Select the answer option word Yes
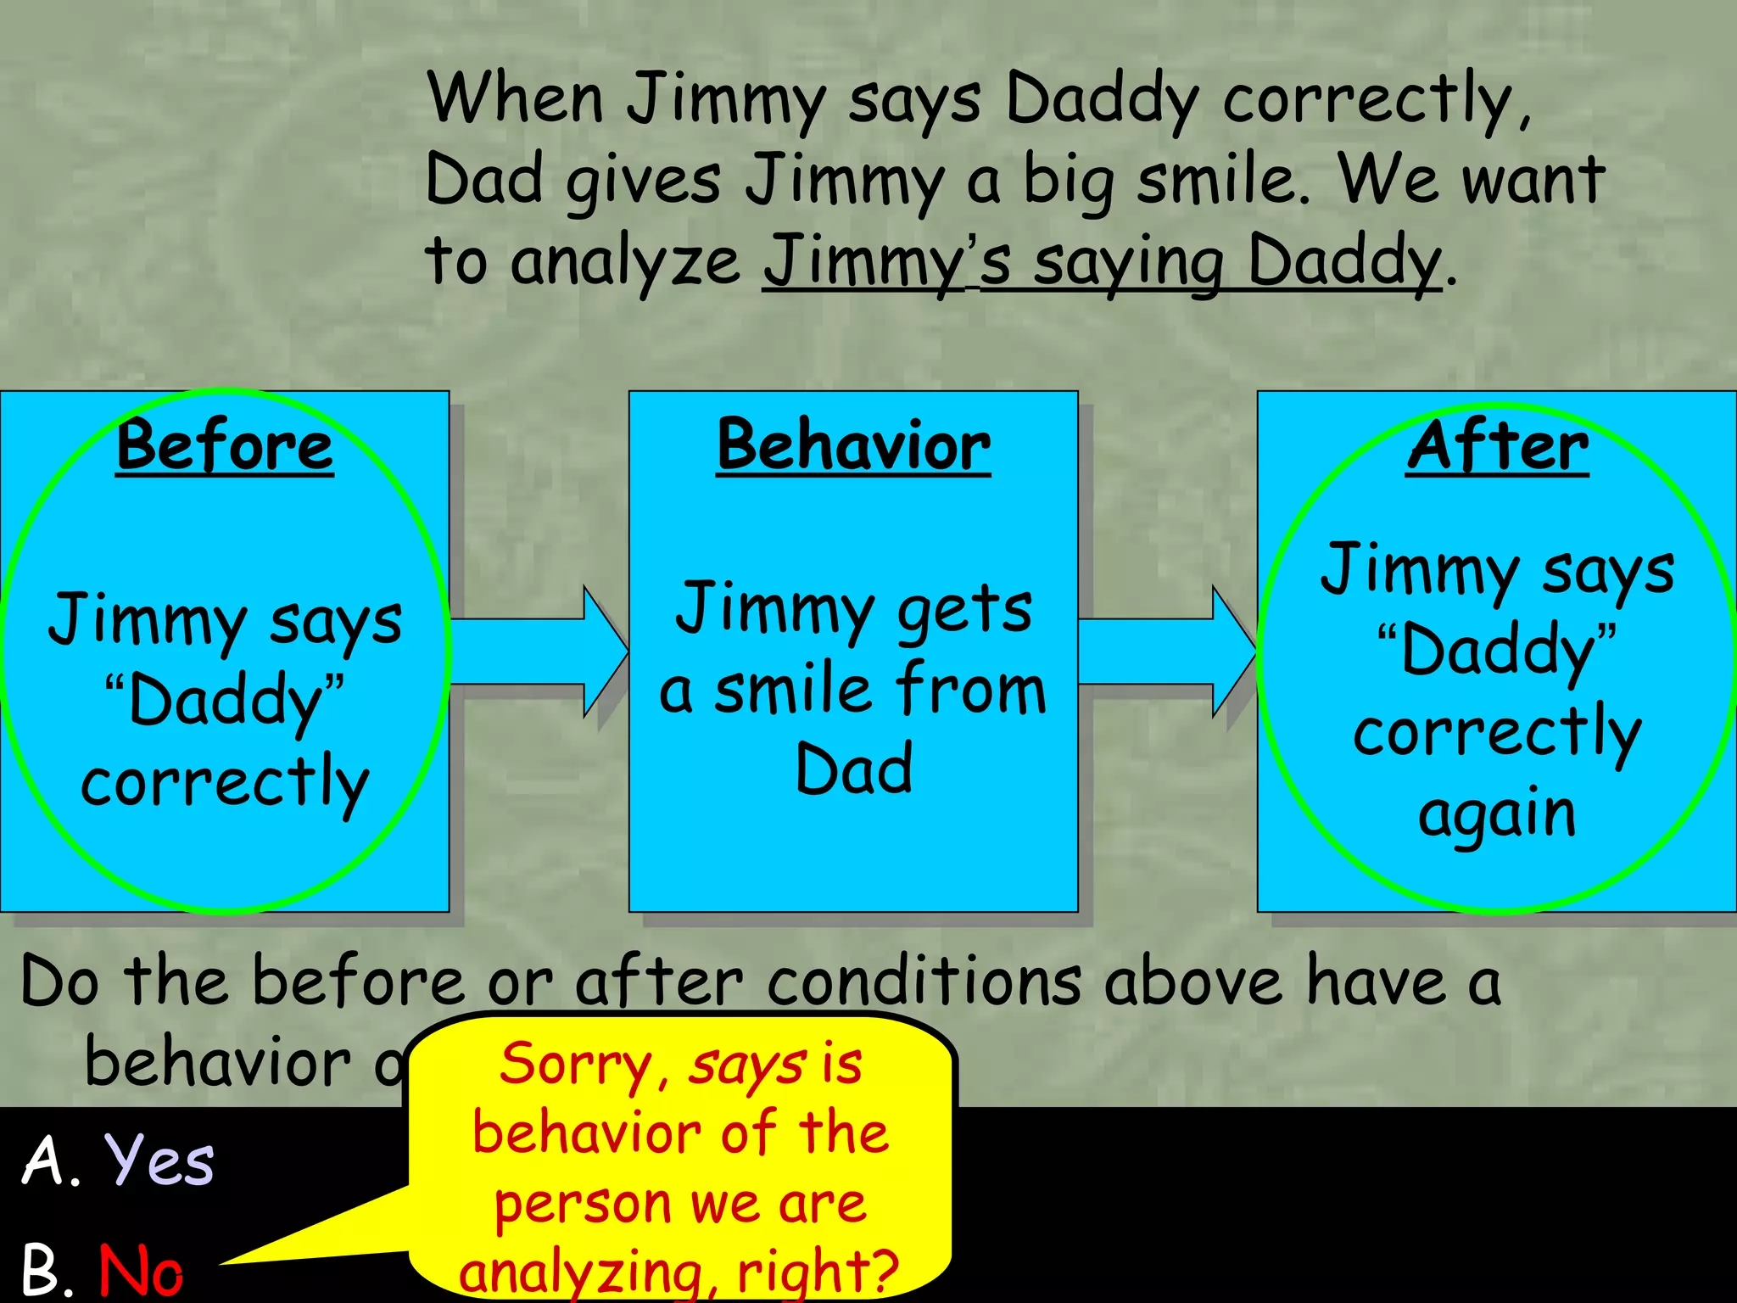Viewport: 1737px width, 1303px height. [x=159, y=1160]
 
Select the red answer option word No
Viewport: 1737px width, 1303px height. [x=141, y=1269]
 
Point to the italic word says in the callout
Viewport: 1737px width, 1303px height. [x=746, y=1065]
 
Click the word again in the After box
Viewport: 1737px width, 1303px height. [x=1497, y=814]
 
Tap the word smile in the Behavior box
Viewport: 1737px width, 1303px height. [x=793, y=689]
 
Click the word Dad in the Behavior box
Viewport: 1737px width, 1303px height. [x=854, y=769]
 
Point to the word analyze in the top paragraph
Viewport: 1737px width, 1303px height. [x=626, y=261]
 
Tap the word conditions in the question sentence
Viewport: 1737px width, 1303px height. [x=924, y=982]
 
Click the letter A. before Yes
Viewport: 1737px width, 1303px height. [x=51, y=1160]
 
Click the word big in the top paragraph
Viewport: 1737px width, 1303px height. [x=1068, y=182]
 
